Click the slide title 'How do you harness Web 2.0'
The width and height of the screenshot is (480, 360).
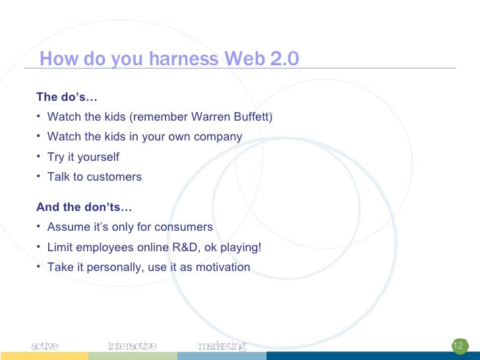point(169,59)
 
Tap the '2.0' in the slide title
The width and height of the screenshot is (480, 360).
point(284,59)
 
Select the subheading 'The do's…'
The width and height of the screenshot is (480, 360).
point(67,97)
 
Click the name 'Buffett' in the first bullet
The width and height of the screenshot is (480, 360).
point(253,117)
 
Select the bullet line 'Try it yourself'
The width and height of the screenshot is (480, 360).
point(83,157)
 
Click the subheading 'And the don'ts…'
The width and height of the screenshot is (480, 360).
point(84,207)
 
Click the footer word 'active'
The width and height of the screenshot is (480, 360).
point(45,346)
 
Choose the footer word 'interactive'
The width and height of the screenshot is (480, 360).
point(132,346)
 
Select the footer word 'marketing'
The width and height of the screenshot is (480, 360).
point(222,346)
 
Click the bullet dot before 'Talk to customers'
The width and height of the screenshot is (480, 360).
point(39,176)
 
